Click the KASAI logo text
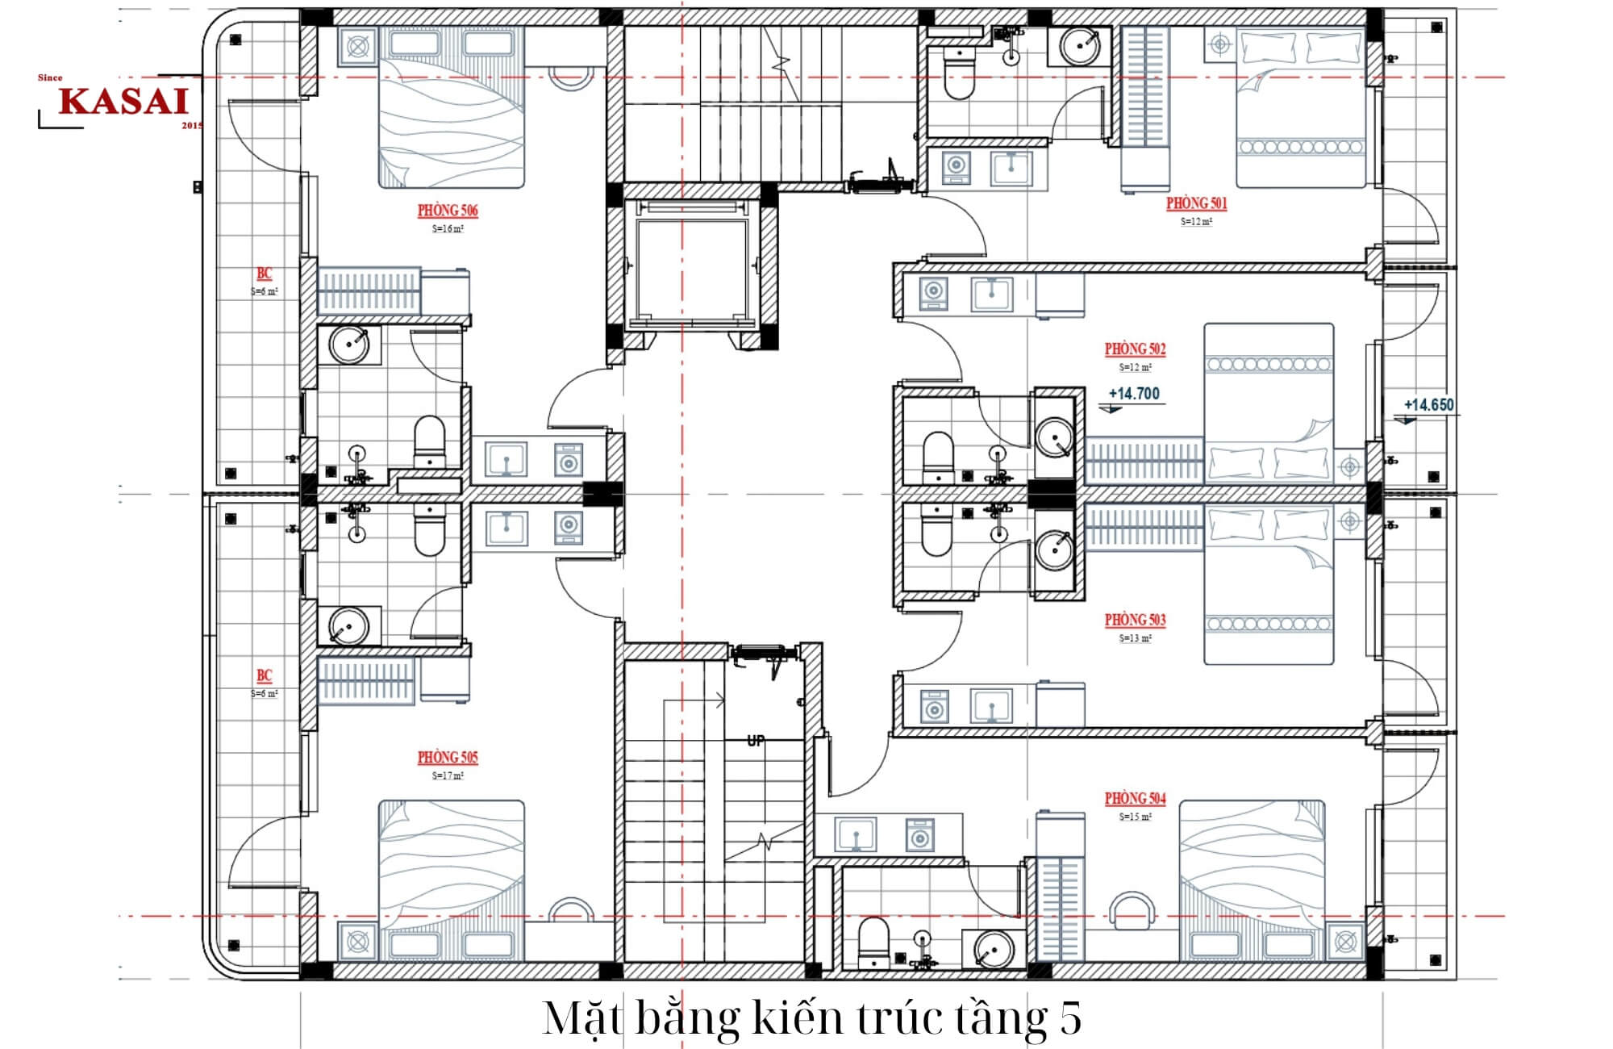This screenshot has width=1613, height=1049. (x=123, y=102)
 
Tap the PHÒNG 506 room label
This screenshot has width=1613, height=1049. (x=448, y=211)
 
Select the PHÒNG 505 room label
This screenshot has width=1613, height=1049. (x=448, y=758)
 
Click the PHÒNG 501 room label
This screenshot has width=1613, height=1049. (x=1196, y=203)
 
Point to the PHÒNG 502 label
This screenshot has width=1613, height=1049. (x=1135, y=349)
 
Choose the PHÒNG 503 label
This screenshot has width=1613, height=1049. (x=1135, y=620)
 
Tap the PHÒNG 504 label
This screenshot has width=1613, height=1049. (x=1135, y=799)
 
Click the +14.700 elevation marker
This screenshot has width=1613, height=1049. (x=1133, y=394)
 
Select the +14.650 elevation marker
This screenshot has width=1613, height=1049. (x=1428, y=405)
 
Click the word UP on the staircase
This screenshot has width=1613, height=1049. (x=756, y=740)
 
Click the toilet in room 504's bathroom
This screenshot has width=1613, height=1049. (x=873, y=942)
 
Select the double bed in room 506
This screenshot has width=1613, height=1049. (x=452, y=109)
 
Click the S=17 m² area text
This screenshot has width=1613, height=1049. (x=448, y=775)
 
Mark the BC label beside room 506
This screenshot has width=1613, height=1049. (x=264, y=274)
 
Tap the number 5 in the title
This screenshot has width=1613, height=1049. (x=1069, y=1018)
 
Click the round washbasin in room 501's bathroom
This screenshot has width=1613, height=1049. (x=1078, y=46)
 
